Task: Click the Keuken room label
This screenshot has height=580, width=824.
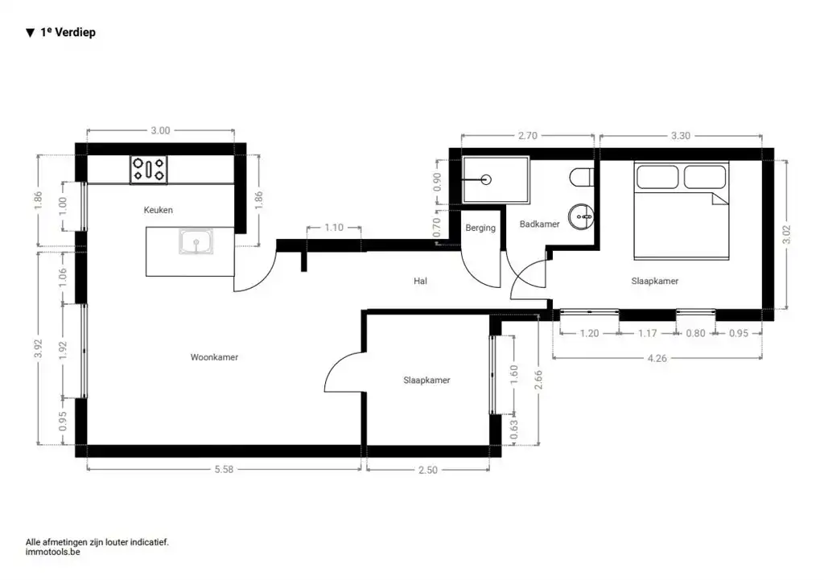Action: tap(159, 210)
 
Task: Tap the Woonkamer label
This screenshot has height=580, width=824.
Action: tap(214, 357)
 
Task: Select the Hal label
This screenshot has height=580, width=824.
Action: tap(420, 281)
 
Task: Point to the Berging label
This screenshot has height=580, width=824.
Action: tap(480, 228)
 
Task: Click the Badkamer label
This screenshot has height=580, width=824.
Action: tap(539, 224)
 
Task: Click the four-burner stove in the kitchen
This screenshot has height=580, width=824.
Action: tap(149, 170)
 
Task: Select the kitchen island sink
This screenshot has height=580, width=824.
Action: tap(196, 241)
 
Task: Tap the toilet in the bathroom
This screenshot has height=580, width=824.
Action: tap(582, 177)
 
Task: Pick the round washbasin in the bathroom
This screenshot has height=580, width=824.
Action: tap(581, 216)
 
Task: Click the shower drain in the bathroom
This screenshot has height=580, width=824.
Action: tap(486, 179)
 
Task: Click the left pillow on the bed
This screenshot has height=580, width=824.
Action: tap(657, 176)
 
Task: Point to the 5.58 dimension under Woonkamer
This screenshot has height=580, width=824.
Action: tap(224, 469)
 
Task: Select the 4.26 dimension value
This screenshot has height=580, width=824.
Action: tap(657, 358)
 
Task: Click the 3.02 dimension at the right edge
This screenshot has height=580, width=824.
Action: tap(787, 235)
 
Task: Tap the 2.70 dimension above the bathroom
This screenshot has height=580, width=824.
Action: tap(528, 135)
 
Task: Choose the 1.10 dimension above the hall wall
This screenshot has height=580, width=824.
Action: tap(334, 228)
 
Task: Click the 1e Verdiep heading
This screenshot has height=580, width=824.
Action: tap(68, 32)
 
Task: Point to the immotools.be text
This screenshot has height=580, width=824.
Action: tap(52, 552)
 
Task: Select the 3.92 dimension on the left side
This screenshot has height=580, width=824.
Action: tap(38, 348)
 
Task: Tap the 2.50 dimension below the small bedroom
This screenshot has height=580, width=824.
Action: tap(428, 470)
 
